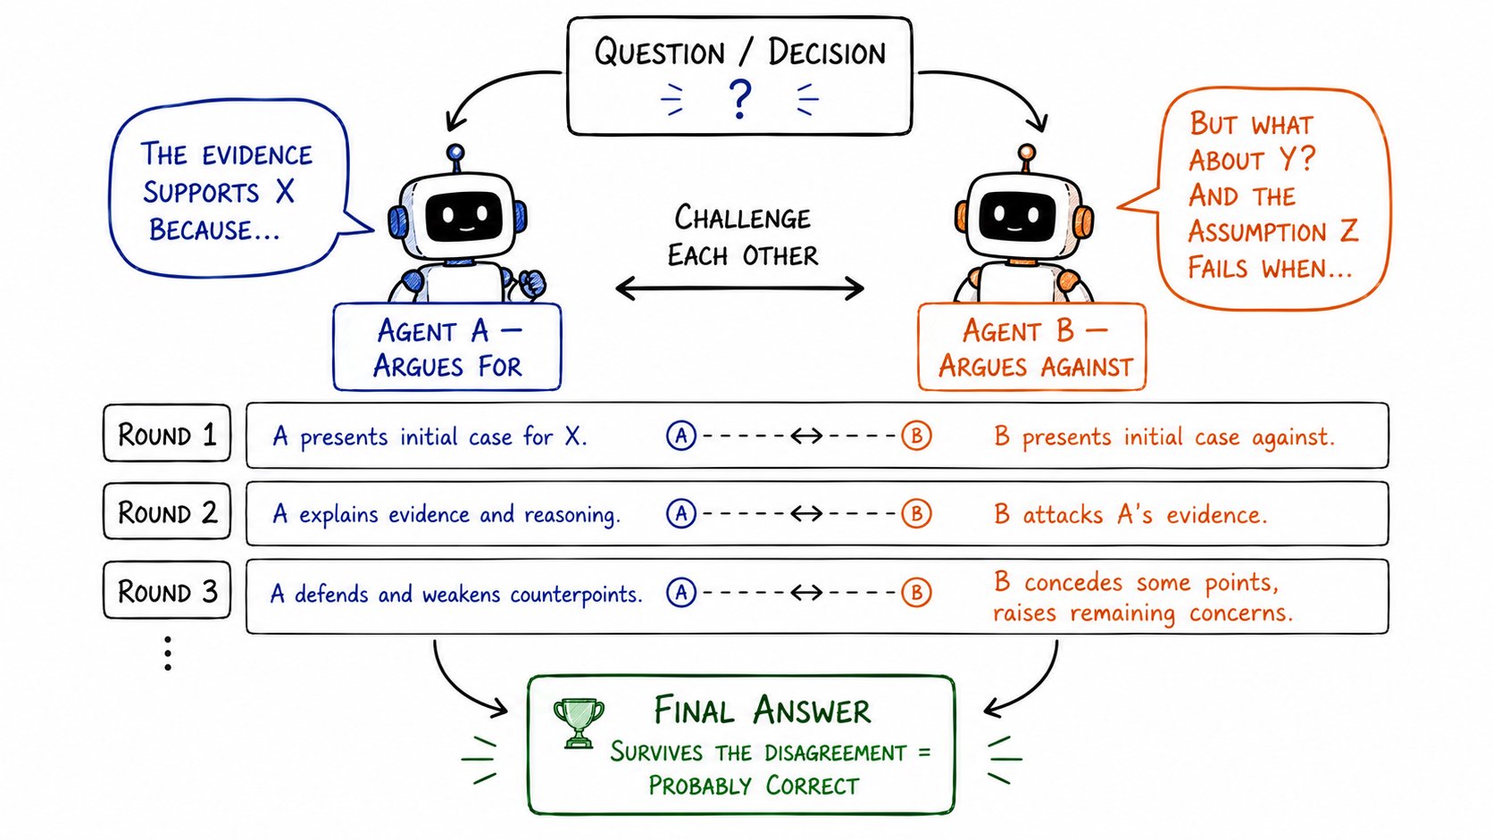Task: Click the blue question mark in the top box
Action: [740, 99]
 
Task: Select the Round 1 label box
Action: [167, 434]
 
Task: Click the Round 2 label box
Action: [167, 511]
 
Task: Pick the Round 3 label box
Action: [167, 590]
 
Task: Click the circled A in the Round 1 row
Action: [680, 436]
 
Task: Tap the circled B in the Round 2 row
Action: [916, 513]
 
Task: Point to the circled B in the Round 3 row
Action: [916, 592]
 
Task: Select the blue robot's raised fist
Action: [531, 284]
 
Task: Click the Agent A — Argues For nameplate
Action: [447, 346]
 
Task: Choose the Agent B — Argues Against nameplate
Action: [1031, 346]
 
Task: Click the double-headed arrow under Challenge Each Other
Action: [740, 288]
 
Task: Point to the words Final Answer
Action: [762, 710]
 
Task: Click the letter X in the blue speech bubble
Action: [285, 192]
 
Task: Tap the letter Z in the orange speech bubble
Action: [1348, 231]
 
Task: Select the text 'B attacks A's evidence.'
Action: [1130, 514]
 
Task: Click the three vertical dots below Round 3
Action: [168, 653]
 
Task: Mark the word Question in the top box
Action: [659, 52]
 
